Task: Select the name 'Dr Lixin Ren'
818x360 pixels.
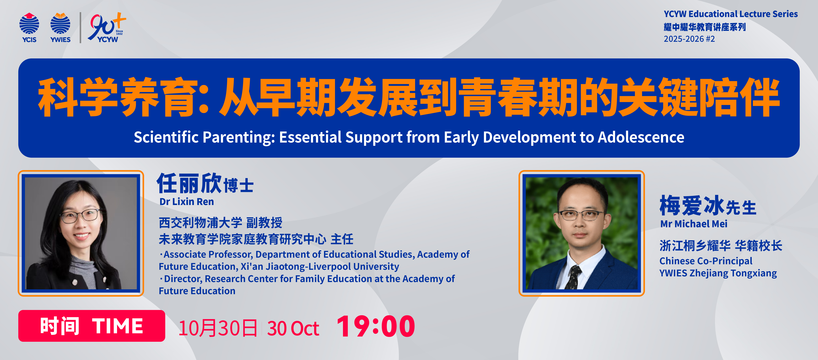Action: (187, 202)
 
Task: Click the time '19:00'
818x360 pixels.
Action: (376, 326)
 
